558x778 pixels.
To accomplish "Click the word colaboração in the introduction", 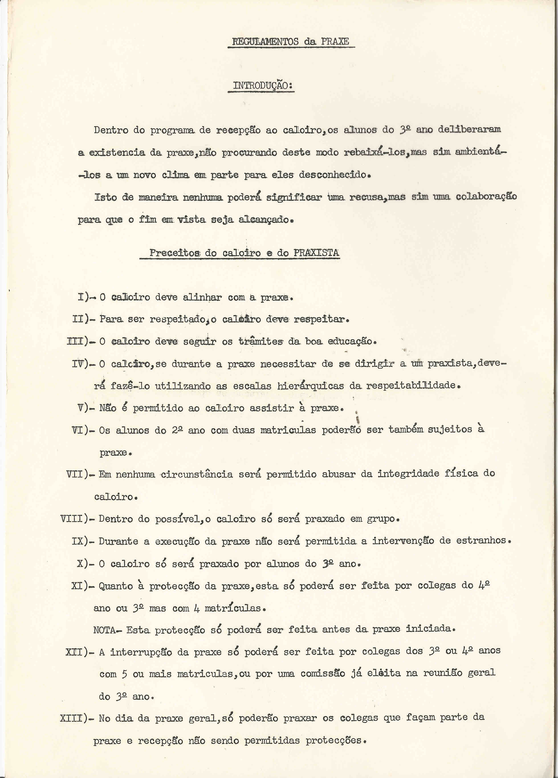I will (x=486, y=197).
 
